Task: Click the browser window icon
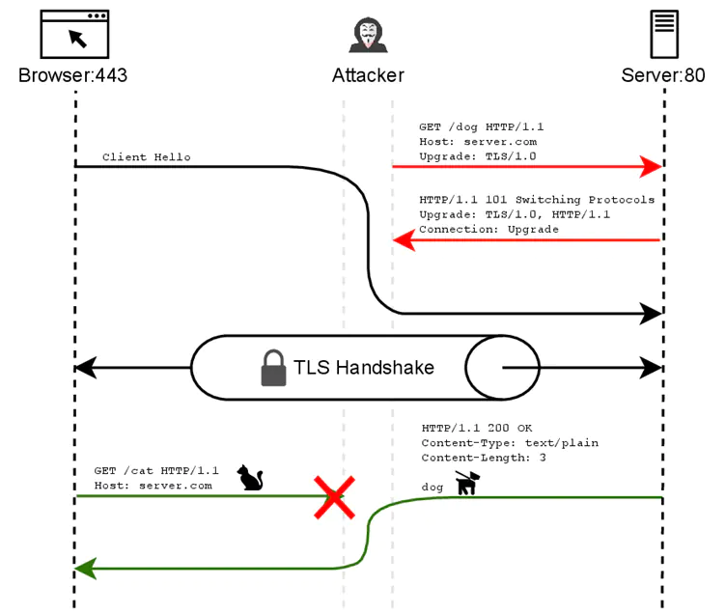[74, 35]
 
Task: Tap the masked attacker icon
[367, 35]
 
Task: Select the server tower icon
[662, 35]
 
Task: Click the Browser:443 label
[72, 75]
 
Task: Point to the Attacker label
[368, 75]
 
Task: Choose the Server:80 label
[663, 75]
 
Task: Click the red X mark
[334, 496]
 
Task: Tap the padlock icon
[274, 368]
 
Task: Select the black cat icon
[251, 477]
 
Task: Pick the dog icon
[467, 483]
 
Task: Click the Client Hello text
[147, 157]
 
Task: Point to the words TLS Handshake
[363, 368]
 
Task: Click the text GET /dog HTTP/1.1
[482, 126]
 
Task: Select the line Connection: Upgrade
[489, 230]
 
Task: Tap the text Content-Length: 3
[484, 458]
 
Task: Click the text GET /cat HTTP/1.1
[156, 470]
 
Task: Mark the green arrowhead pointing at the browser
[85, 569]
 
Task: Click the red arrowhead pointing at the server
[653, 166]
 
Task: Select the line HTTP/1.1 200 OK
[477, 428]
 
